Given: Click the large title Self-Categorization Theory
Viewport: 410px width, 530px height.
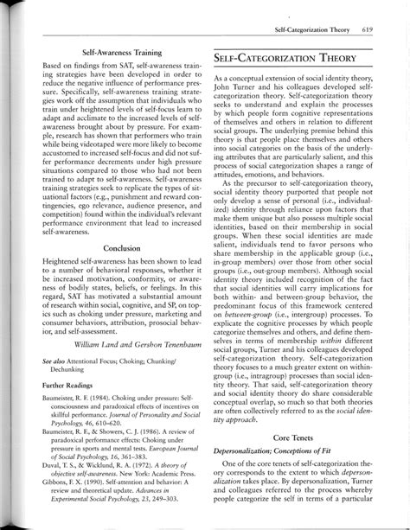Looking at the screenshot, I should click(282, 58).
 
